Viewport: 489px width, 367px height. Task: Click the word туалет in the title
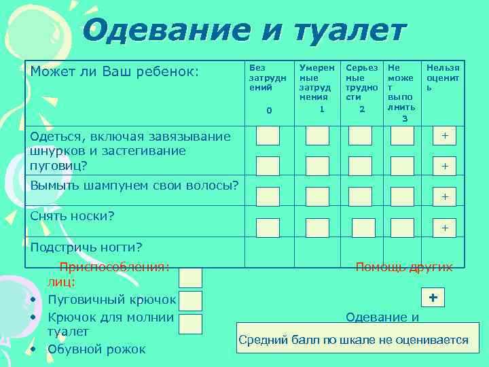tap(350, 30)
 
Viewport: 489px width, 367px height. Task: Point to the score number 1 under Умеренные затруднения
tap(322, 109)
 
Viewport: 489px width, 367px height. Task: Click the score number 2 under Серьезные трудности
tap(362, 109)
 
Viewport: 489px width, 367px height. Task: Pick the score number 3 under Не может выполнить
tap(405, 118)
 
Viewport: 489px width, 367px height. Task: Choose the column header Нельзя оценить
tap(443, 77)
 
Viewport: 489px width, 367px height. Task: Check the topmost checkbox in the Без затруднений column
tap(268, 136)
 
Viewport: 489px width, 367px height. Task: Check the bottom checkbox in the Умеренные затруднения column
tap(317, 228)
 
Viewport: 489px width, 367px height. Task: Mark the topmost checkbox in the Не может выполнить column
tap(402, 136)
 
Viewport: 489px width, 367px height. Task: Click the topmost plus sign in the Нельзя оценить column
tap(445, 136)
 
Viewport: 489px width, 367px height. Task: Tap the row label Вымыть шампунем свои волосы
tap(134, 184)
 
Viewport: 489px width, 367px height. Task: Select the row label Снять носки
tap(72, 215)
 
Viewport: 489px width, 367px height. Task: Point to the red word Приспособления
tap(114, 266)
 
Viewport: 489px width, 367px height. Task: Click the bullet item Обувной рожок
tap(96, 349)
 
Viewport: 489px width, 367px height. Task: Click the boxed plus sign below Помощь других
tap(433, 298)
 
